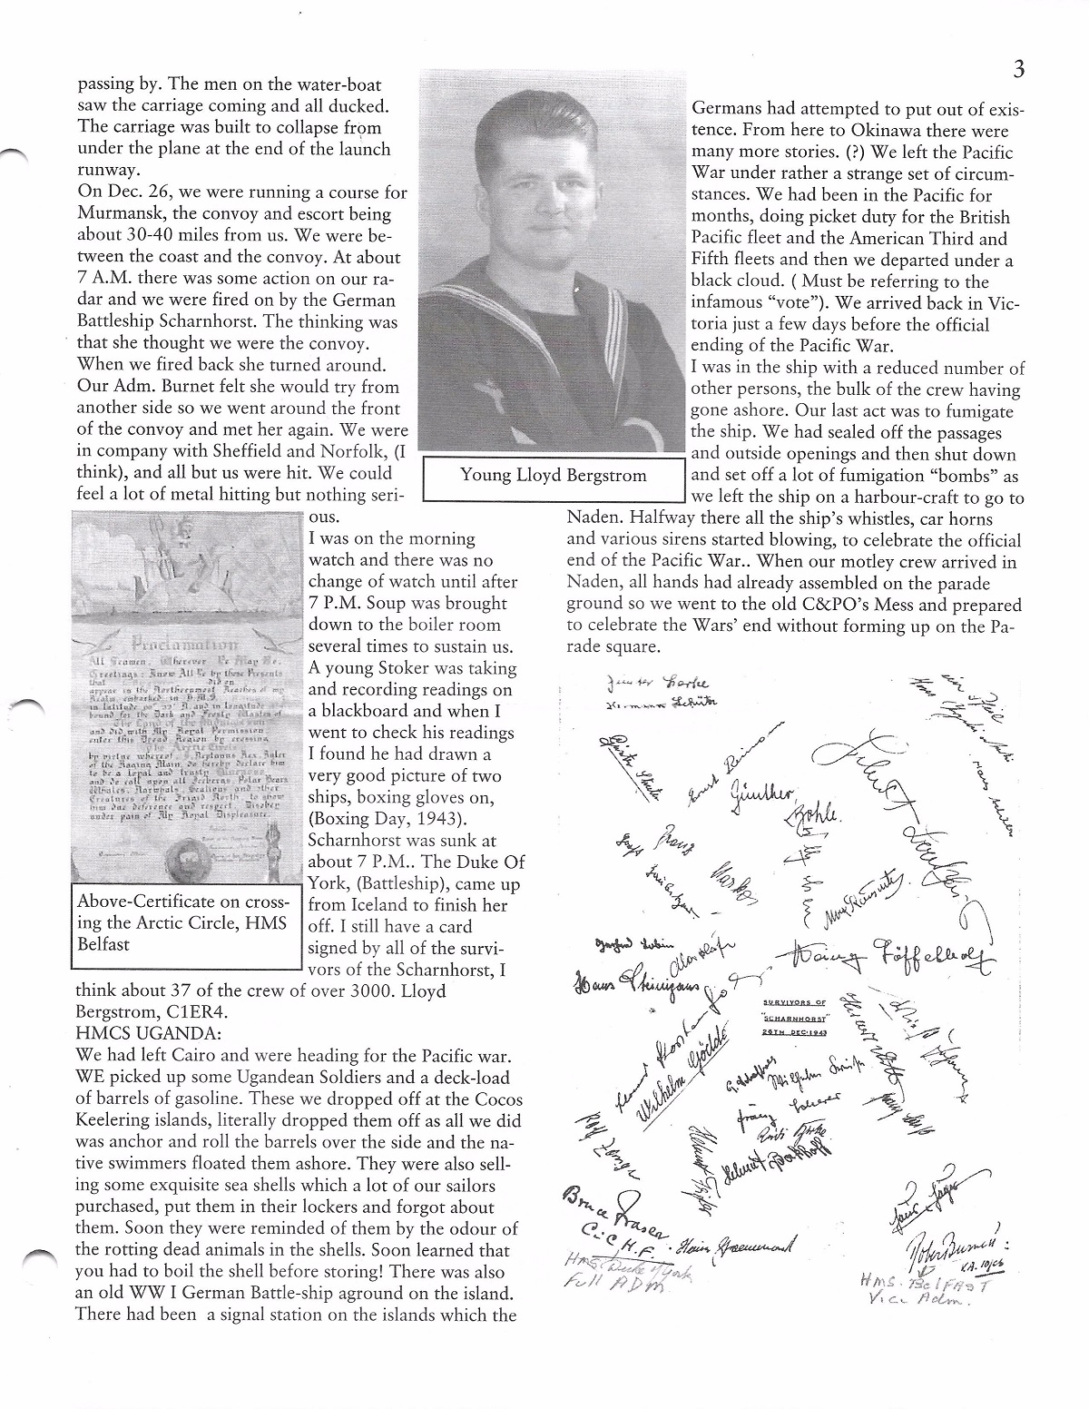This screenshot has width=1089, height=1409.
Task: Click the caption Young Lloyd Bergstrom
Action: point(554,475)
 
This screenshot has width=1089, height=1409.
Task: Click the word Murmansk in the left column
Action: point(121,215)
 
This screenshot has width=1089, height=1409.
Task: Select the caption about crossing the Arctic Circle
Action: point(184,923)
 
